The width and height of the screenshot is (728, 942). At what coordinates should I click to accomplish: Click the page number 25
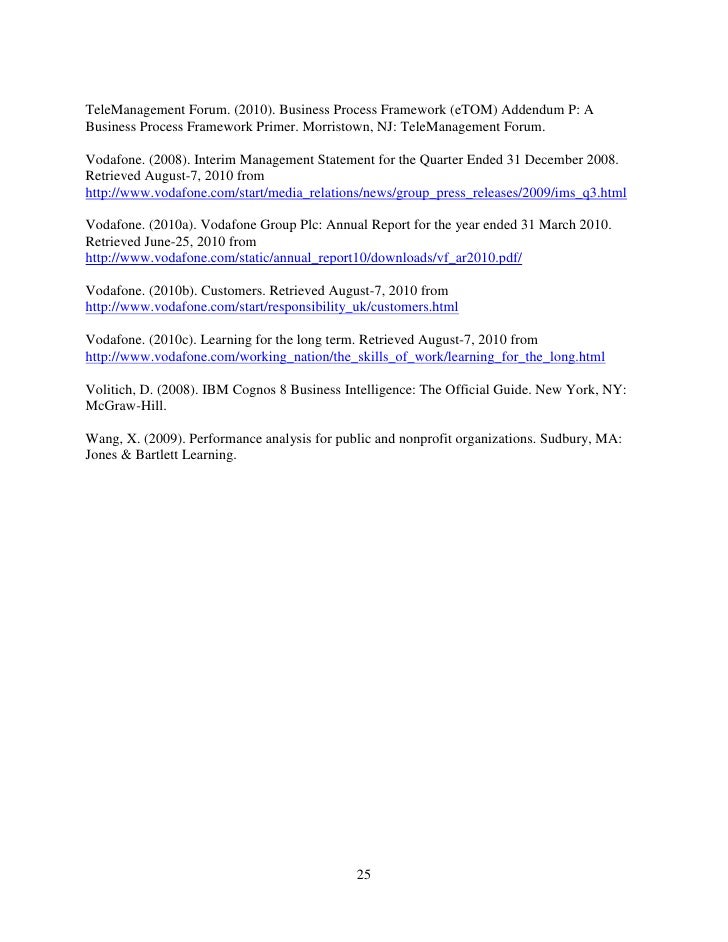click(364, 876)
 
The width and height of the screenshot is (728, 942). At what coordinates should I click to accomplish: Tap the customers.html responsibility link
click(272, 307)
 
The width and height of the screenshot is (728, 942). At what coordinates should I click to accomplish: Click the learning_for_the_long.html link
click(346, 357)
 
